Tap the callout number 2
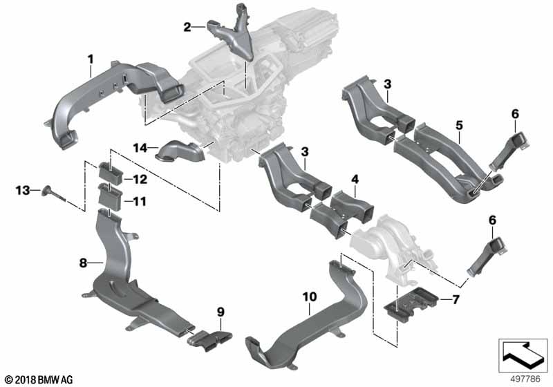(187, 28)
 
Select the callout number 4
(354, 180)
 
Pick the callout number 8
(82, 263)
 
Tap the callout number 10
(309, 296)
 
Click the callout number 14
(139, 147)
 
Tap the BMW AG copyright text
(38, 379)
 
